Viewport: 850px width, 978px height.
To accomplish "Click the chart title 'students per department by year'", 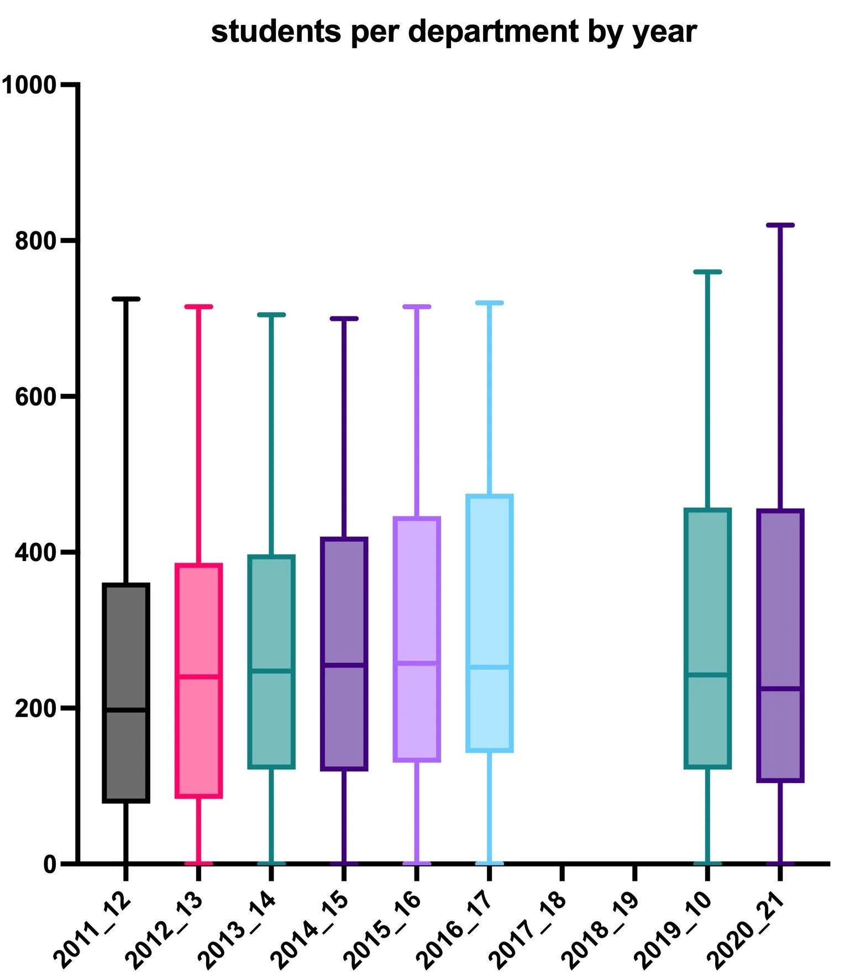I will tap(453, 31).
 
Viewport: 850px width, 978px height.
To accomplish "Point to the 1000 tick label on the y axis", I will tap(29, 85).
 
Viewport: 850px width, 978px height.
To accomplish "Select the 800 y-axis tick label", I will tap(36, 241).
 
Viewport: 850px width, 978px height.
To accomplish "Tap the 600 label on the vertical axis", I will tap(36, 397).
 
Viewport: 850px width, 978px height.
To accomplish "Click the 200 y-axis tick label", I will tap(36, 709).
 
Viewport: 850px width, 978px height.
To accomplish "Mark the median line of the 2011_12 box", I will tap(126, 710).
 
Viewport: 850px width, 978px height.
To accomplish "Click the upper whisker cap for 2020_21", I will tap(780, 225).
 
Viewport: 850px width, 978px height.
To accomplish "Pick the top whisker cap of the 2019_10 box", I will tap(707, 272).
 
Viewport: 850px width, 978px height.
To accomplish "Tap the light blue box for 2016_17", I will tap(490, 580).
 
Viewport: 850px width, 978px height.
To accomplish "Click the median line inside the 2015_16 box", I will tap(417, 663).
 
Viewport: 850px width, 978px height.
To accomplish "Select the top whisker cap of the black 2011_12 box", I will tap(126, 299).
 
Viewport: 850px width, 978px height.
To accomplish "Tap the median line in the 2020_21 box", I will tap(780, 688).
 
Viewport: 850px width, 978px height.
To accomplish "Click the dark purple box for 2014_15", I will tap(344, 602).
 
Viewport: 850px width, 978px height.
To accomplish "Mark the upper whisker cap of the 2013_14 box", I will tap(271, 315).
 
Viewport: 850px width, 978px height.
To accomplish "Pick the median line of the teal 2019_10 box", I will tap(707, 674).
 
